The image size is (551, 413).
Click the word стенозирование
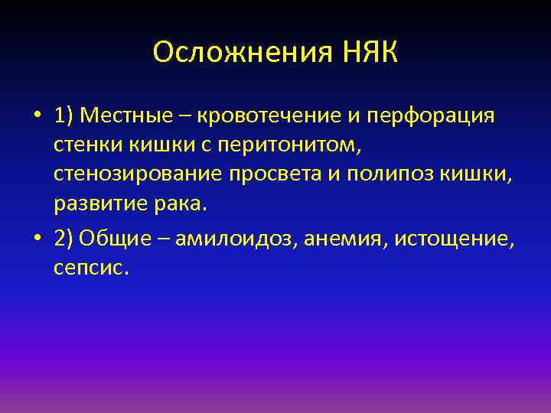pyautogui.click(x=137, y=174)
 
